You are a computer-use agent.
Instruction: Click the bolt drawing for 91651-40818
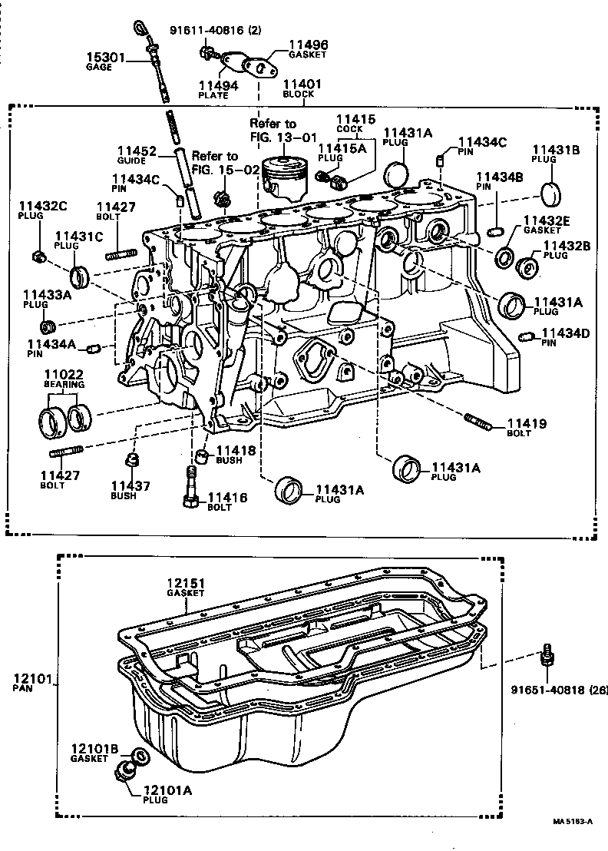[x=547, y=657]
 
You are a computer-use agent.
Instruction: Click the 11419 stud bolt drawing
[x=478, y=422]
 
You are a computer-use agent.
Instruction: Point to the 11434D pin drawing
[x=527, y=336]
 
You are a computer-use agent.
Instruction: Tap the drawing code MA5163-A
[x=573, y=821]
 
